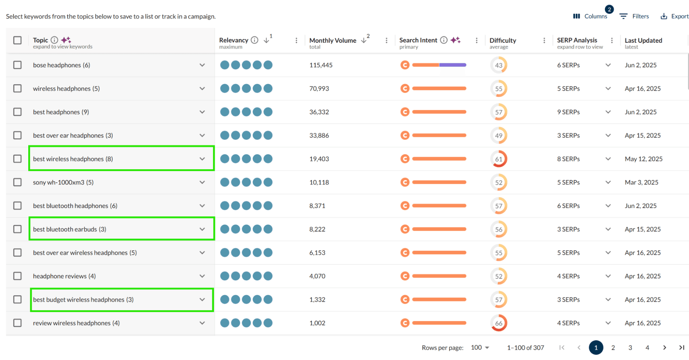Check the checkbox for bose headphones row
[x=17, y=65]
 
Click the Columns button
[x=590, y=16]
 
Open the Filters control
[x=634, y=16]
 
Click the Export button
[x=674, y=16]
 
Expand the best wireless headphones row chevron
[x=202, y=159]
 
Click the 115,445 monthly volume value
[x=321, y=65]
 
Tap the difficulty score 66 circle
[x=498, y=323]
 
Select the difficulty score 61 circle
[x=498, y=159]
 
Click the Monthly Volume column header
[x=333, y=40]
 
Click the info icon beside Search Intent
[x=444, y=40]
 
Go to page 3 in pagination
[x=630, y=348]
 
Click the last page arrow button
[x=681, y=348]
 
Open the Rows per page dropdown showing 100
[x=480, y=348]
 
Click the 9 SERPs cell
[x=568, y=112]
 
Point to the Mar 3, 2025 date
[x=641, y=182]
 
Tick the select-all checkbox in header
[x=17, y=40]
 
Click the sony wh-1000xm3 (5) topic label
[x=63, y=182]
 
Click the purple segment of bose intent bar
[x=453, y=65]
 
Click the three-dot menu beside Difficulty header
[x=544, y=40]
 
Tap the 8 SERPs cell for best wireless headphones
[x=568, y=159]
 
